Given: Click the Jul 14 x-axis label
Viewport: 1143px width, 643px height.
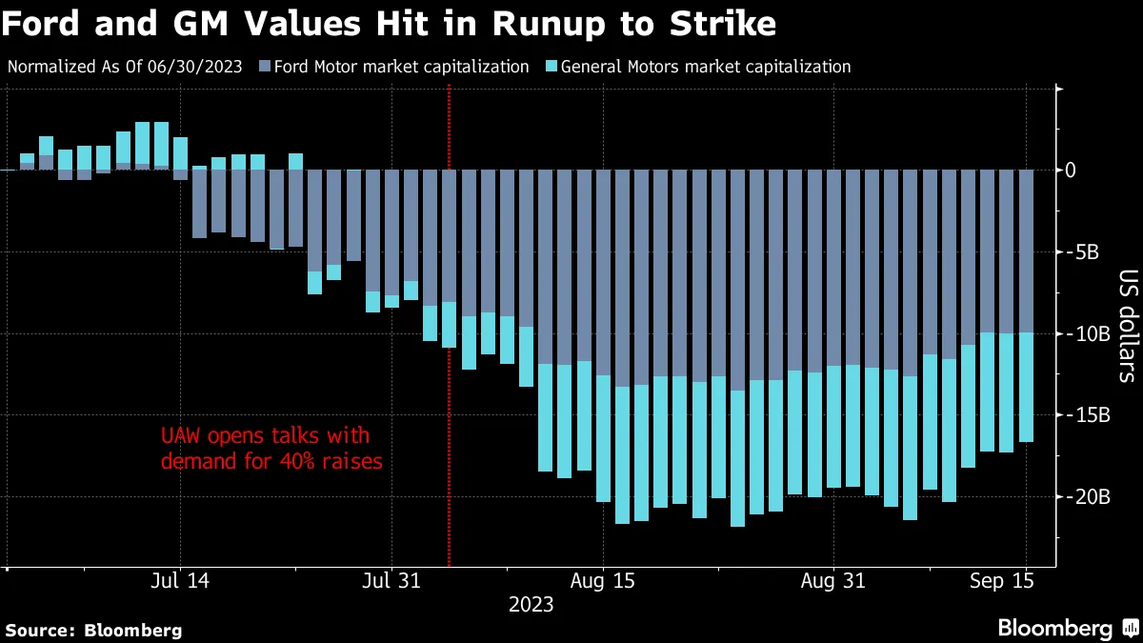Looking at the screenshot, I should [179, 579].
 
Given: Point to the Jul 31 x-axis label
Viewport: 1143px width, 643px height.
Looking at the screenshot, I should [391, 579].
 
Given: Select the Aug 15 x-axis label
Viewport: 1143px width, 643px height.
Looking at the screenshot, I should [602, 579].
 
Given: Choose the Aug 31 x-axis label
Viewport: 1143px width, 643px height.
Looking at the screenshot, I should [832, 579].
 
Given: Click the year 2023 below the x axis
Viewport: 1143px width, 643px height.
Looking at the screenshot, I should [531, 604].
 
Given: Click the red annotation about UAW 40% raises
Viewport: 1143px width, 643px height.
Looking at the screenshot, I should [271, 450].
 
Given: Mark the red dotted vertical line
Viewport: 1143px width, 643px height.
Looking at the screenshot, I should [449, 286].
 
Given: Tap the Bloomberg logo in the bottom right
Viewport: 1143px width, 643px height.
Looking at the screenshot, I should [1066, 629].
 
